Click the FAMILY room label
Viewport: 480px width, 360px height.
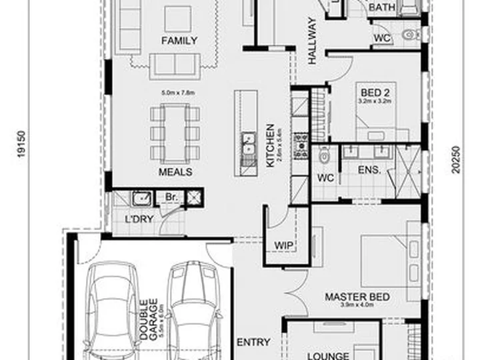(x=180, y=41)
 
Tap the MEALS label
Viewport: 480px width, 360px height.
(x=175, y=172)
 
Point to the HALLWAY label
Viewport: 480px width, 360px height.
(x=311, y=49)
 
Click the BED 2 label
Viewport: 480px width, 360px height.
(x=371, y=92)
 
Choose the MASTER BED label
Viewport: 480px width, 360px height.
(x=357, y=297)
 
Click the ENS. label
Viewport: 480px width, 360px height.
(x=369, y=170)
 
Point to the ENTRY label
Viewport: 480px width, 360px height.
(x=253, y=343)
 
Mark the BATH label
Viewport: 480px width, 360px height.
(x=381, y=7)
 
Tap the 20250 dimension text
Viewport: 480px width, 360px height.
(x=456, y=160)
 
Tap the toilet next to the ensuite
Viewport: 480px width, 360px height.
(x=323, y=157)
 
